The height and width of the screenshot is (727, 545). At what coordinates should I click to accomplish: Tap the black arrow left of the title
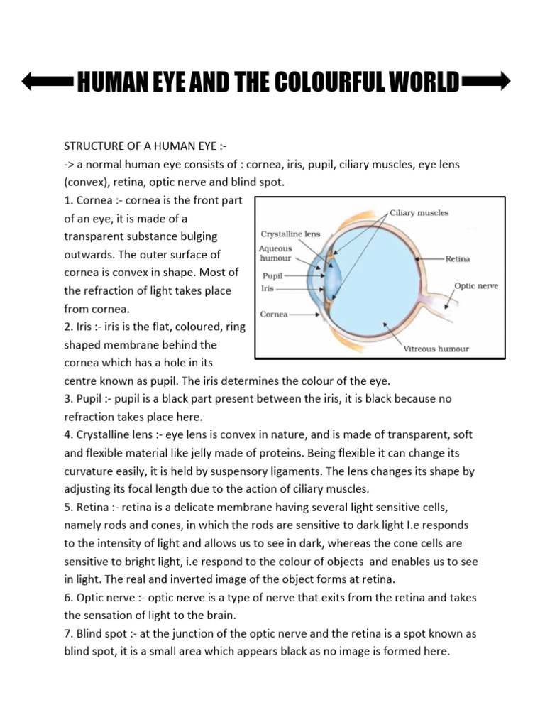click(x=47, y=82)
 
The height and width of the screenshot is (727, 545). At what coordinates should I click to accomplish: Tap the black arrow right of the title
click(x=485, y=82)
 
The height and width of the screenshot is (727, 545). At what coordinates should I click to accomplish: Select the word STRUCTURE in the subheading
click(x=95, y=146)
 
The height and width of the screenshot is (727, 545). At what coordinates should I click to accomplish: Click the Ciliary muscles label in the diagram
click(x=419, y=212)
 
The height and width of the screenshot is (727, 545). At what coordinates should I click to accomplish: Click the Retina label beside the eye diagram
click(x=458, y=260)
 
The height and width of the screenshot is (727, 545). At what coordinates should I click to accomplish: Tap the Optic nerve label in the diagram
click(x=476, y=286)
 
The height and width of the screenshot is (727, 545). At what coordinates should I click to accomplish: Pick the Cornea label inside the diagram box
click(x=275, y=314)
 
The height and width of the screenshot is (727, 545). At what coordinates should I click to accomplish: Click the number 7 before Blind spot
click(x=67, y=634)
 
